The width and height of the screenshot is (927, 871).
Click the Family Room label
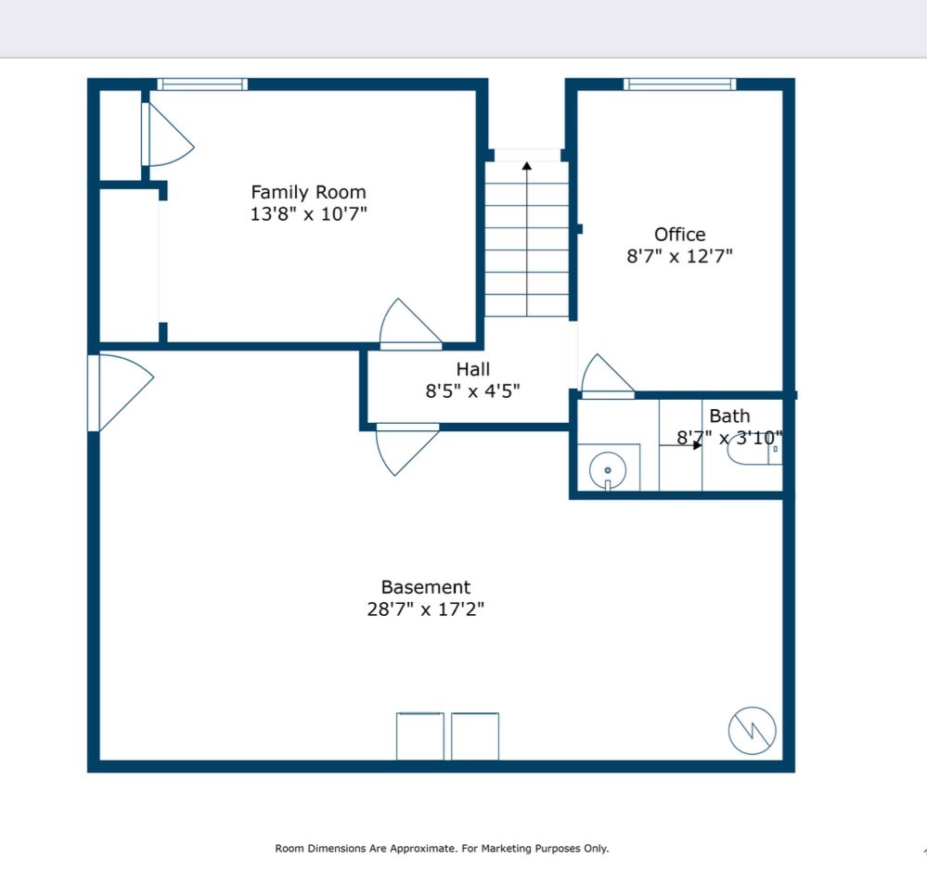click(x=308, y=192)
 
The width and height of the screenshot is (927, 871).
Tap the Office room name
click(x=679, y=235)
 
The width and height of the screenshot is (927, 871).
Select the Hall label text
click(x=473, y=369)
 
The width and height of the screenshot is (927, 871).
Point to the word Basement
click(x=426, y=587)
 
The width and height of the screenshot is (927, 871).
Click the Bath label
click(x=729, y=416)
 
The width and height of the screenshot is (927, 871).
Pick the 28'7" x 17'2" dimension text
click(x=426, y=609)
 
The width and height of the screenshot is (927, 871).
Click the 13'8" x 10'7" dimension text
click(x=308, y=214)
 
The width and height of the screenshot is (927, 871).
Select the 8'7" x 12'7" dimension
click(x=679, y=256)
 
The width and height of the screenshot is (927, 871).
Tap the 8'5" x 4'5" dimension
click(x=473, y=391)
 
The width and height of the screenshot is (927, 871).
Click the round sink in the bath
click(x=608, y=470)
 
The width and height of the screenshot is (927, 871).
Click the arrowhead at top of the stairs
click(x=527, y=165)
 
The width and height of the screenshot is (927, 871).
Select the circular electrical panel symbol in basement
click(x=752, y=730)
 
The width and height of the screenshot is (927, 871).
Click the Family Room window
click(x=202, y=83)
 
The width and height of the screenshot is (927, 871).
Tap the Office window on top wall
click(x=680, y=83)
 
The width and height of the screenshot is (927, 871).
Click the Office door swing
click(x=608, y=375)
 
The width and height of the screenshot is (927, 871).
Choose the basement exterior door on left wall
click(x=121, y=392)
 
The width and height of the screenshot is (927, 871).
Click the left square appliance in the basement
click(x=419, y=737)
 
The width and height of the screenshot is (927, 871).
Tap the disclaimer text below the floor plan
click(x=442, y=849)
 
